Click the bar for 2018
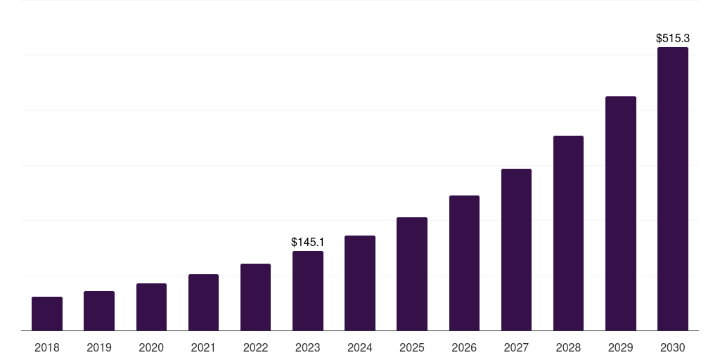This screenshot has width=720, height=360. pos(47,314)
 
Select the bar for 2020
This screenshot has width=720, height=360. pos(151,307)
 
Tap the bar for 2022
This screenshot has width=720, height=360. pos(255,297)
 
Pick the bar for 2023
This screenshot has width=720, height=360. pos(308,290)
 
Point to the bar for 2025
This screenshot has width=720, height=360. pos(412,274)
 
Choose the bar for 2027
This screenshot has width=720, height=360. pos(516,250)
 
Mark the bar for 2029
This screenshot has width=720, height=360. pos(620,213)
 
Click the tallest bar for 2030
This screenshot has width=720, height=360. pos(673,188)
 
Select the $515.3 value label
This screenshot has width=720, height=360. pos(673,38)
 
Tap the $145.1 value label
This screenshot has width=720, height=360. pos(308,242)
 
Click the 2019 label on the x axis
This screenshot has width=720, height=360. pos(99,347)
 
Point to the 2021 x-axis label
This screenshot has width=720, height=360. pos(203,347)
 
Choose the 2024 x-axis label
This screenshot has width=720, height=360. pos(360,347)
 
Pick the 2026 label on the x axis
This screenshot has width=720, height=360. pos(464,347)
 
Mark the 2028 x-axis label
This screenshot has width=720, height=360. pos(568,347)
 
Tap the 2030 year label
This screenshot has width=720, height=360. pos(673,347)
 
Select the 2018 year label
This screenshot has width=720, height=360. pos(47,347)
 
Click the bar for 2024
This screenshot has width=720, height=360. pos(360,283)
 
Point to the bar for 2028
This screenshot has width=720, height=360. pos(568,233)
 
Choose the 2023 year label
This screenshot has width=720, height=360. pos(308,347)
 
